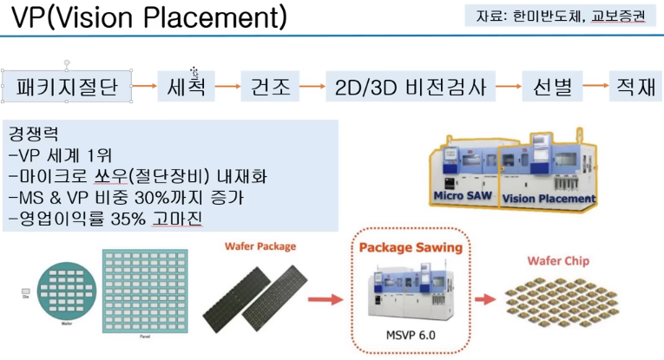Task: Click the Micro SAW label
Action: (x=462, y=197)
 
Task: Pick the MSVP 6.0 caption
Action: (x=411, y=334)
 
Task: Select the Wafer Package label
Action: (x=260, y=246)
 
